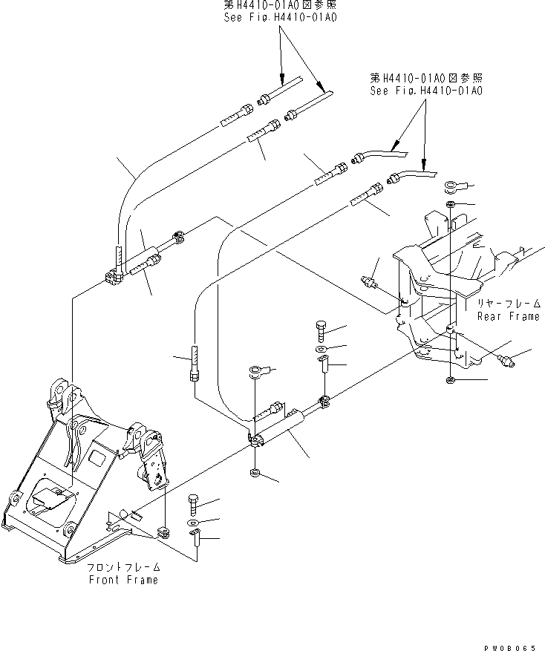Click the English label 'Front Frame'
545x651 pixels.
tap(123, 580)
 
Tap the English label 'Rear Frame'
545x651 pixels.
tap(508, 316)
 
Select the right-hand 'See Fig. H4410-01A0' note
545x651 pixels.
tap(426, 90)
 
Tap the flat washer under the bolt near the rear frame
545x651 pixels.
tap(319, 347)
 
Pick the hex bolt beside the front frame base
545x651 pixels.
tap(194, 505)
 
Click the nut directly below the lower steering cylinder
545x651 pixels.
tap(254, 472)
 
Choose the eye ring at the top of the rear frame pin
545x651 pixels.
tap(451, 186)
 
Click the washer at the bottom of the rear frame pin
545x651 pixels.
tap(451, 381)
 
